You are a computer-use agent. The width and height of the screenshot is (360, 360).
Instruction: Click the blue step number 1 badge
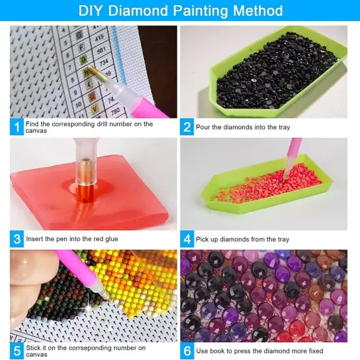coord(16,126)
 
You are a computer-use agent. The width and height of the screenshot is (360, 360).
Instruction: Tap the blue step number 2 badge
coord(187,126)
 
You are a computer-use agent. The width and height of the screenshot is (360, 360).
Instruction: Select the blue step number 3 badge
coord(16,238)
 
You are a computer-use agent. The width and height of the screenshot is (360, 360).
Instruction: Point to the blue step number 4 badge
coord(187,238)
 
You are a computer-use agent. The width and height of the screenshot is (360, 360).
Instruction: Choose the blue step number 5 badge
coord(16,351)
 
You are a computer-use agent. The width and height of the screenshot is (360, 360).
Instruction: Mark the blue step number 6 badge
coord(187,351)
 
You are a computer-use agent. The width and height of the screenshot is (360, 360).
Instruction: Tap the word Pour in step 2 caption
coord(204,126)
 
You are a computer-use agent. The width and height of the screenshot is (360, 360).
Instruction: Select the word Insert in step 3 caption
coord(36,239)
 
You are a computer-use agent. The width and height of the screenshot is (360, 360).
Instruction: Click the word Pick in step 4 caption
coord(202,239)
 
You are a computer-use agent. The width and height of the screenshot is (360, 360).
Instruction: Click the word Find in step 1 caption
coord(34,123)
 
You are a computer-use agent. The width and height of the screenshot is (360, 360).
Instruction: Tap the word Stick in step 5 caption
coord(35,348)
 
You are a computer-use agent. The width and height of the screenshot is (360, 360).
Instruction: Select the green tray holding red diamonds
coord(262,193)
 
